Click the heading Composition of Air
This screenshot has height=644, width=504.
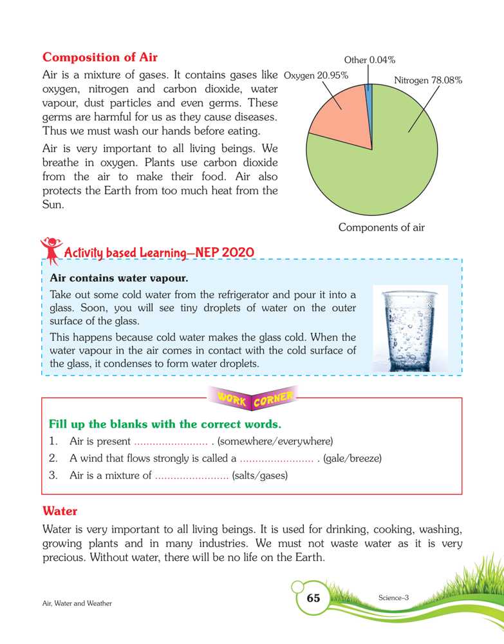point(100,57)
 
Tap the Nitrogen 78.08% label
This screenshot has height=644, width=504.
point(428,81)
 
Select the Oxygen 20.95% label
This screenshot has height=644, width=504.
point(316,75)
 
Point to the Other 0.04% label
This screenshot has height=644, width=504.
point(369,61)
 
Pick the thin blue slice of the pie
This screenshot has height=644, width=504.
point(369,93)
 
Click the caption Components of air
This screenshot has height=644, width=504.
point(382,227)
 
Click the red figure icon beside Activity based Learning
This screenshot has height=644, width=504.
point(50,250)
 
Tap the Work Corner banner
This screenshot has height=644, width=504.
point(252,399)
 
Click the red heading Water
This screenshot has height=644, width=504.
point(60,511)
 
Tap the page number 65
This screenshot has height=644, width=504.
point(313,598)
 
